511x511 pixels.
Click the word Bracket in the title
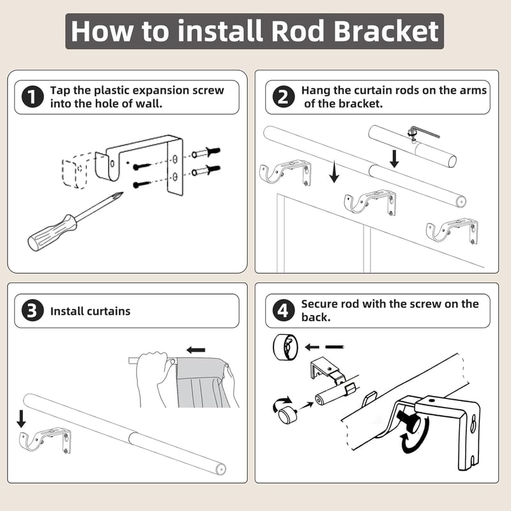(x=386, y=31)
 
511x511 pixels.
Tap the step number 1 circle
(x=33, y=97)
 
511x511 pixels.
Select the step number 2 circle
(x=284, y=97)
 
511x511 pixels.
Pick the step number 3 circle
(x=33, y=310)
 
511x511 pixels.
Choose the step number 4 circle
(x=283, y=310)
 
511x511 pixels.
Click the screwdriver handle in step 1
(x=52, y=232)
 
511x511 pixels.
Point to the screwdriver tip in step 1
(x=121, y=195)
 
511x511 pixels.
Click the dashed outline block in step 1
(x=74, y=171)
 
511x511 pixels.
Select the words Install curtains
(x=90, y=311)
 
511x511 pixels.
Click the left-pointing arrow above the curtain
(x=196, y=350)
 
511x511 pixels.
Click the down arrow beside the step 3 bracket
(x=21, y=419)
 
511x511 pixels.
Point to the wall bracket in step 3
(x=45, y=439)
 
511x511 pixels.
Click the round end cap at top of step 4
(x=285, y=347)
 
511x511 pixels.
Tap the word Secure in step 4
(x=319, y=304)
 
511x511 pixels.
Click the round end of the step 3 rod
(x=221, y=469)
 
